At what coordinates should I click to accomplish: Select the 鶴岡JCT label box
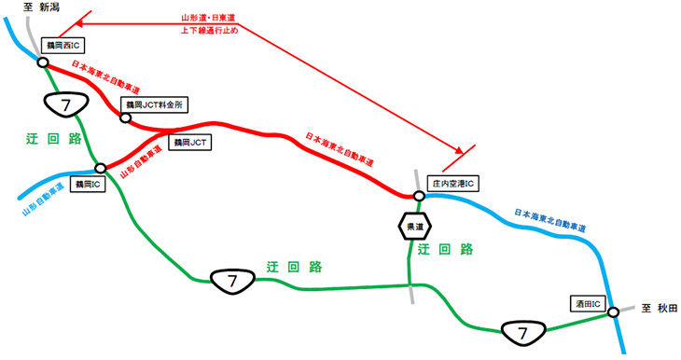[x=193, y=142]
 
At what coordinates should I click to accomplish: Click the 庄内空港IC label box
[x=452, y=184]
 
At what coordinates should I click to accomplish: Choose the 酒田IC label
[x=589, y=303]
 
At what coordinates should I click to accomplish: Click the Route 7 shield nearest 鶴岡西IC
[x=64, y=106]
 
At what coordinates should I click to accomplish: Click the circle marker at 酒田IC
[x=613, y=312]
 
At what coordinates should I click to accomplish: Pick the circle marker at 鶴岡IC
[x=100, y=169]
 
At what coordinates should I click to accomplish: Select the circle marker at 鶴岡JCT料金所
[x=126, y=117]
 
